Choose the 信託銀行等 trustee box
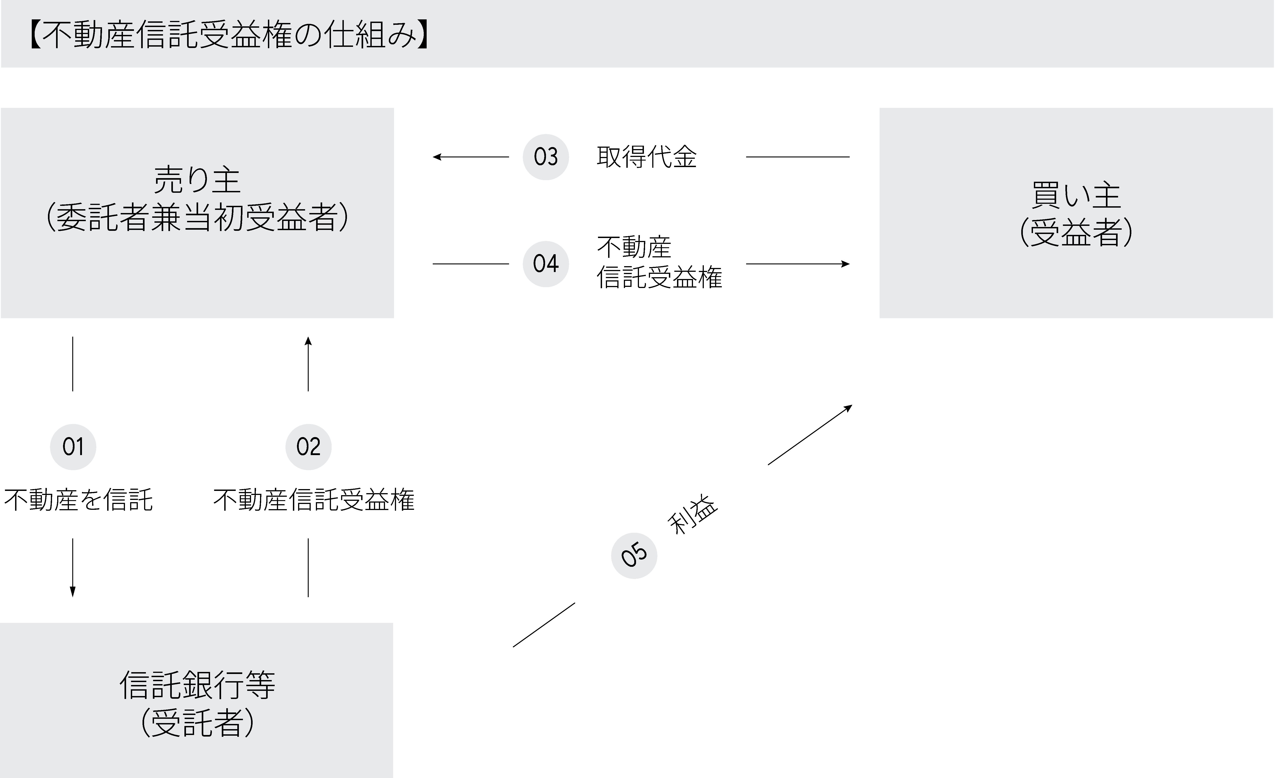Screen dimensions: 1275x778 (197, 700)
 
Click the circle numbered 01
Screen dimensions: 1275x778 (73, 447)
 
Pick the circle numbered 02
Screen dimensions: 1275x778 (308, 447)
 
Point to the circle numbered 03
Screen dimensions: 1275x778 (546, 157)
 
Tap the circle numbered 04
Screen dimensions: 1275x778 (546, 264)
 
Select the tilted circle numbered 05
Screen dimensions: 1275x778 (634, 556)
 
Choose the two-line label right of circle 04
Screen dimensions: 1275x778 (659, 262)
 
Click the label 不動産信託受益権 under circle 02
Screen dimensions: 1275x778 (314, 500)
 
